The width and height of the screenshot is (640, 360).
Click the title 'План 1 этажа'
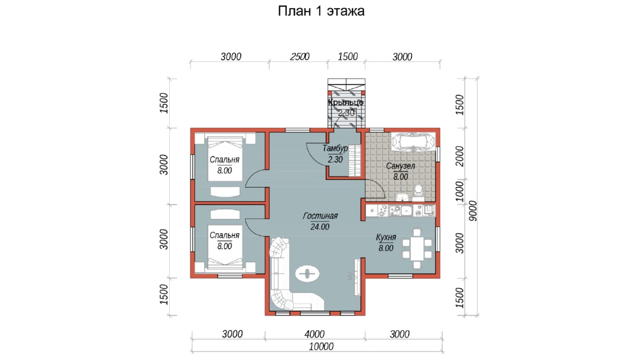tap(321, 11)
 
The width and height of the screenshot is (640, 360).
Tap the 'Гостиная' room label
tap(321, 216)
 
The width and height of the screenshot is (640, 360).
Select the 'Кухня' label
tap(386, 237)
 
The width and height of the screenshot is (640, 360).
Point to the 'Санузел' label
tap(401, 166)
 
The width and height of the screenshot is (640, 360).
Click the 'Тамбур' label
tap(335, 148)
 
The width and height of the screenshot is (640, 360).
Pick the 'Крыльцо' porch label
tap(346, 102)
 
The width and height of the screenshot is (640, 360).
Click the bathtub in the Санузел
tap(413, 142)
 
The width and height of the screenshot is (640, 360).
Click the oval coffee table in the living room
tap(307, 274)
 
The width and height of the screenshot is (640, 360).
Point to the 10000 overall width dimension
tap(321, 347)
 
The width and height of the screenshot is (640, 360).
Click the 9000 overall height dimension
tap(473, 211)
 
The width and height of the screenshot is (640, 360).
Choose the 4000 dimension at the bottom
tap(315, 334)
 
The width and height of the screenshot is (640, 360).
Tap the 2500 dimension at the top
tap(300, 57)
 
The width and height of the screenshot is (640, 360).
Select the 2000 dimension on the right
tap(459, 156)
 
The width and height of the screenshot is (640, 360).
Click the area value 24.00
tap(320, 227)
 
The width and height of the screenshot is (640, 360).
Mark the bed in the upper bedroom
tap(225, 159)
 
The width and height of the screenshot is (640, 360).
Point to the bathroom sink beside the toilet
tap(403, 197)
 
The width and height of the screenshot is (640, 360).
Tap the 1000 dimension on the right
tap(459, 191)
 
